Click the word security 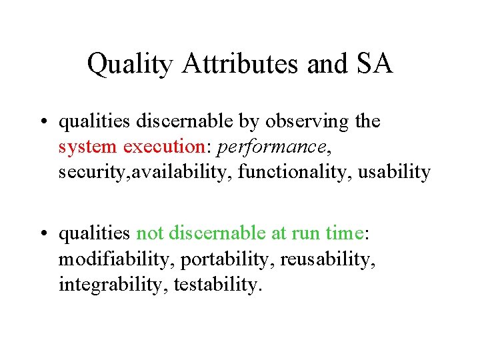tap(87, 172)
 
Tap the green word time tap(343, 233)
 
